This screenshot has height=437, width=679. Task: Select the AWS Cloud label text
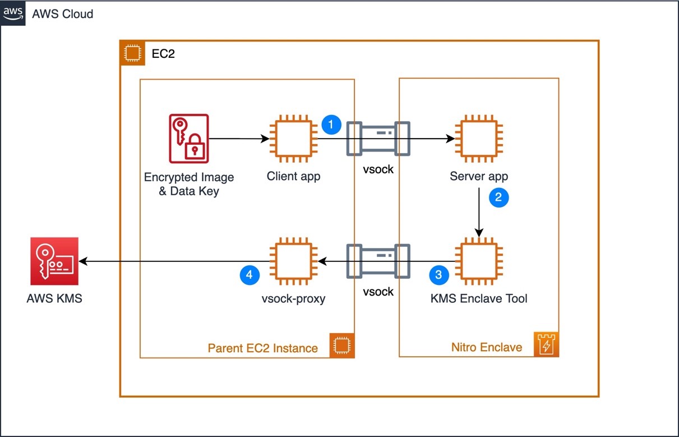62,14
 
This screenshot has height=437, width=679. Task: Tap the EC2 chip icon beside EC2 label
132,53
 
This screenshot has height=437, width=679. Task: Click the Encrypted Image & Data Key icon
189,138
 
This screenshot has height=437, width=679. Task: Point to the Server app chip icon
478,138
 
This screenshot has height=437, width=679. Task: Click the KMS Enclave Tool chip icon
478,261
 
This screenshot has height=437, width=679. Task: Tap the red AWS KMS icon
54,261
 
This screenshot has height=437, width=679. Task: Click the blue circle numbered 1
331,125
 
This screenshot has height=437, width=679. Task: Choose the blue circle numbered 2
498,197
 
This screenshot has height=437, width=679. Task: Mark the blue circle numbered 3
438,275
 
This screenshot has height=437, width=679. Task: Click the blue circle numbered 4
250,275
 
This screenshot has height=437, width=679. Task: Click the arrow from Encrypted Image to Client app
238,138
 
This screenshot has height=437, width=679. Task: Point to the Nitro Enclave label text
486,347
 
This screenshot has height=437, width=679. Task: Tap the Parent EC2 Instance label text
262,348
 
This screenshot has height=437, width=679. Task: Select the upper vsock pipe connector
378,138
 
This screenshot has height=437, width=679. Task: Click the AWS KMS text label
54,298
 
